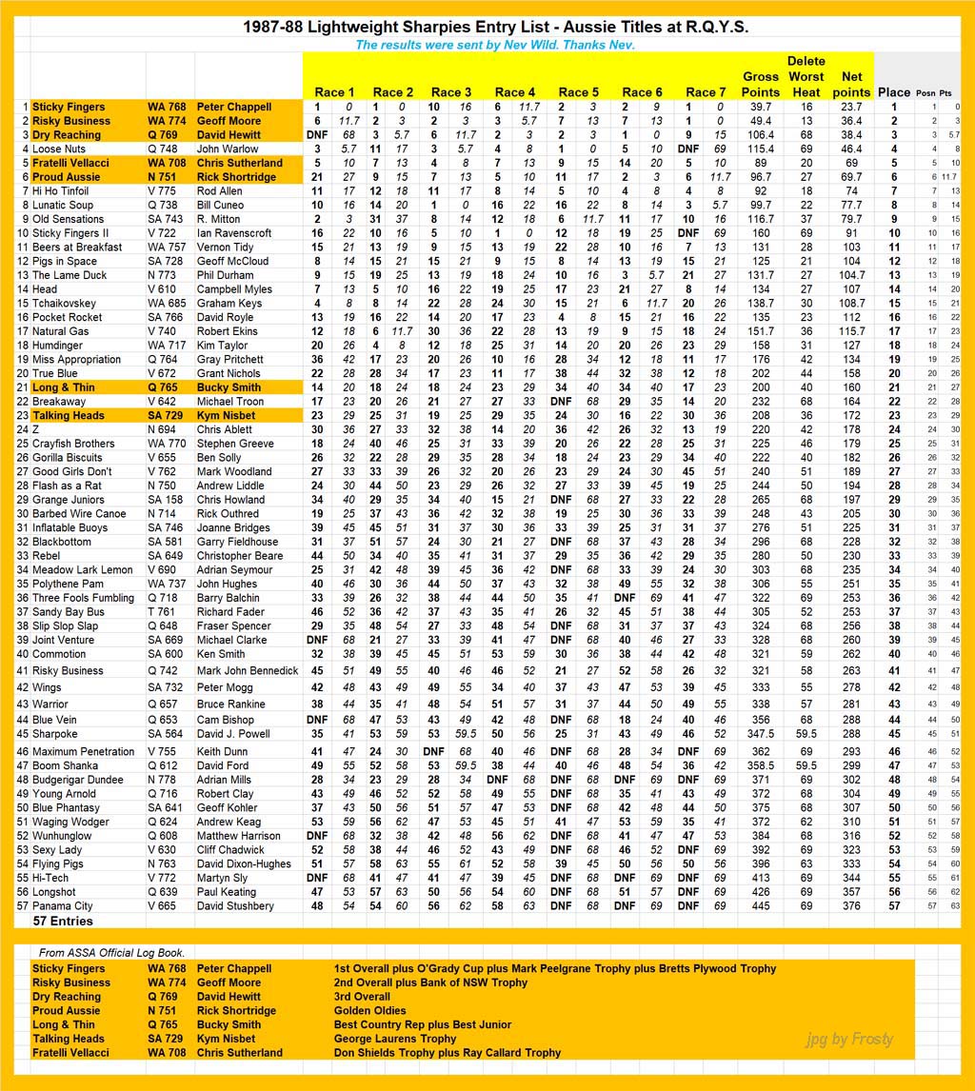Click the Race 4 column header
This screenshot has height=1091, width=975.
pos(514,92)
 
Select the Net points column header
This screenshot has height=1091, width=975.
pos(852,84)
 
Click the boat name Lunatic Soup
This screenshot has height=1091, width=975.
pos(63,205)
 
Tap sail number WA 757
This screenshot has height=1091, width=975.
pos(167,247)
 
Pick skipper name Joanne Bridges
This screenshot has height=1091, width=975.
pos(233,527)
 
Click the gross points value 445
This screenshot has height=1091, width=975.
pos(760,906)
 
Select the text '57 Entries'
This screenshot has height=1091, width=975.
pos(63,922)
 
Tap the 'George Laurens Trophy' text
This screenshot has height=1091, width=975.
pos(395,1039)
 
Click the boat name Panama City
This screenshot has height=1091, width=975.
pos(63,906)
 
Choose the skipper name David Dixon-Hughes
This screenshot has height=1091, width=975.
pos(244,864)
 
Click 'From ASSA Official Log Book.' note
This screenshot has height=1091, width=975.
pos(111,953)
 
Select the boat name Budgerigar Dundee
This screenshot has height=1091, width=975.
pos(78,780)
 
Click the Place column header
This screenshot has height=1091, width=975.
pos(894,92)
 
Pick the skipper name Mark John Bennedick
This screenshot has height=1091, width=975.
pos(248,670)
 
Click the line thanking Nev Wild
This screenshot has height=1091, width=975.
pos(494,45)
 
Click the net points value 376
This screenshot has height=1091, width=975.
pos(852,906)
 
